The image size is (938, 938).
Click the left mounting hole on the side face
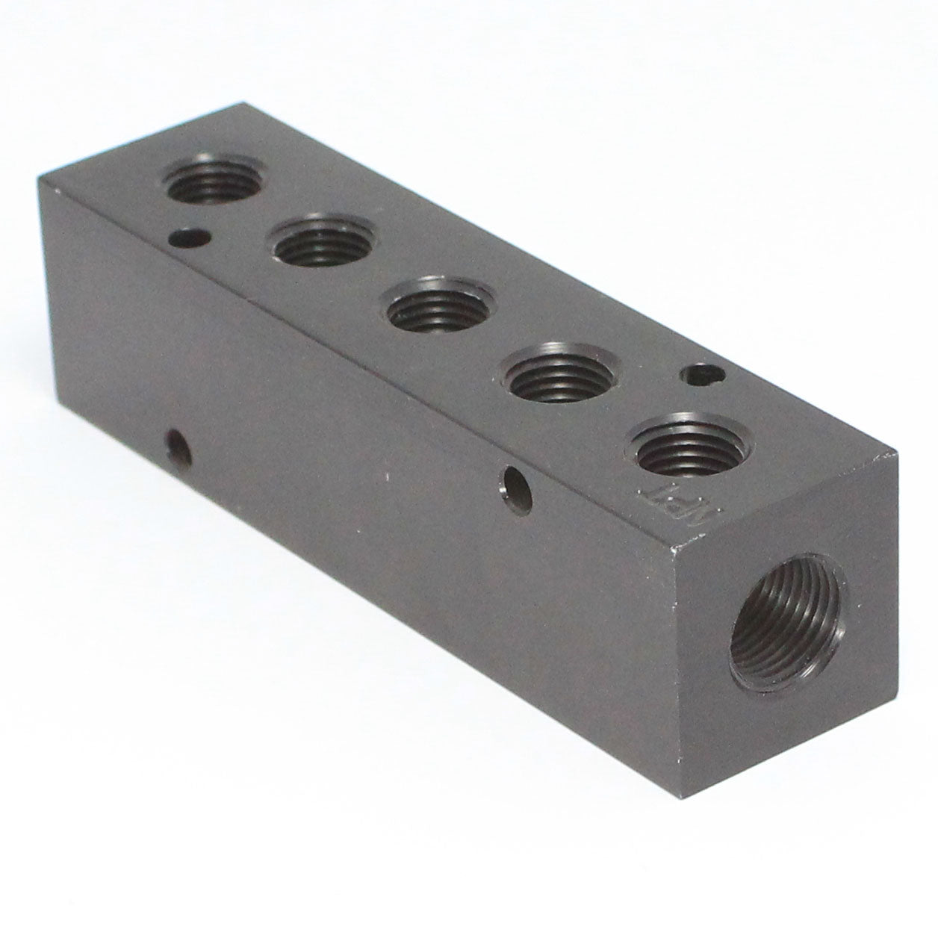pyautogui.click(x=178, y=445)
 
